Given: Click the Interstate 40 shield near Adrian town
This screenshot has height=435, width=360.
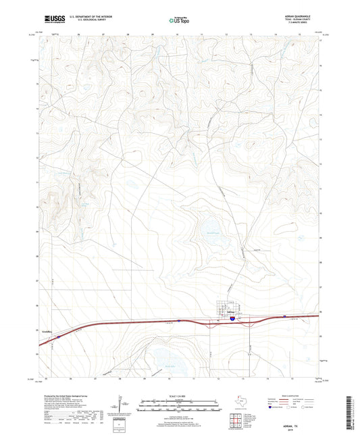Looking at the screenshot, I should [x=232, y=316].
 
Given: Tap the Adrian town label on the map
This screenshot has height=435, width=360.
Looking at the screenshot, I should [x=223, y=312].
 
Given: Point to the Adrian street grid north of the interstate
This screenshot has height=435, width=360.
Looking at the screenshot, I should [x=224, y=306].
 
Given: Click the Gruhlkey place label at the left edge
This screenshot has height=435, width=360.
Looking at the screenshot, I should [x=46, y=331].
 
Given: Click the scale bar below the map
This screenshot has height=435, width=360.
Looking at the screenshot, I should [x=180, y=407].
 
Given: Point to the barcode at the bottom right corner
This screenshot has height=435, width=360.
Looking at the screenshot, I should [x=349, y=415].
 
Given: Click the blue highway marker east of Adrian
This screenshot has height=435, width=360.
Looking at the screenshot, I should [x=285, y=315].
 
